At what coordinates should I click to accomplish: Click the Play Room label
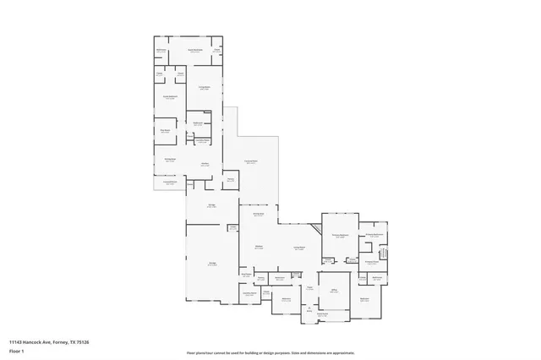[x=166, y=131]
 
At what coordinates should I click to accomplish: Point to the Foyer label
[x=310, y=288]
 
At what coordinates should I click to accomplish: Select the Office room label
[x=334, y=290]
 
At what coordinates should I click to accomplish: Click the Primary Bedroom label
[x=341, y=236]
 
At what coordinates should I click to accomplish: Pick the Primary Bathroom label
[x=374, y=235]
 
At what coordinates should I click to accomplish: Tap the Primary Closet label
[x=371, y=262]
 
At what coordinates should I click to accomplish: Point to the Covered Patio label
[x=251, y=162]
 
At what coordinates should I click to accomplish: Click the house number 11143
[x=17, y=341]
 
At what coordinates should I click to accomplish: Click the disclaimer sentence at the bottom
[x=270, y=353]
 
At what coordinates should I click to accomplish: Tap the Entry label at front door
[x=309, y=312]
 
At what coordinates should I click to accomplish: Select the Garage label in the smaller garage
[x=212, y=206]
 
